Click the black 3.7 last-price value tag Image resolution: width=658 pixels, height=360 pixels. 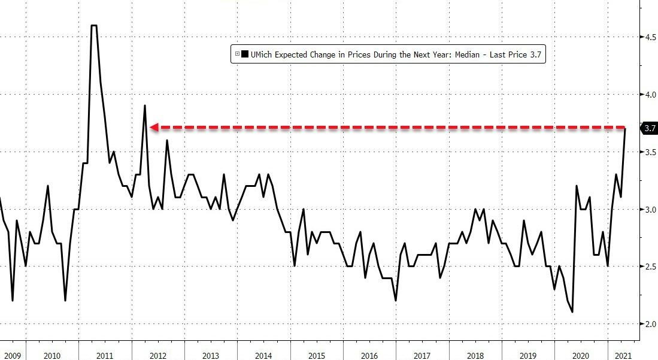point(650,128)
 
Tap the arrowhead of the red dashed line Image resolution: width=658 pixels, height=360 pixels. point(153,127)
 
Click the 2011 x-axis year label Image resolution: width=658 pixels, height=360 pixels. point(105,356)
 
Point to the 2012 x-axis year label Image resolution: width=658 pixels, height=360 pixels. point(158,356)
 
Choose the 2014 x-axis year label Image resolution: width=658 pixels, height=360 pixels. point(263,356)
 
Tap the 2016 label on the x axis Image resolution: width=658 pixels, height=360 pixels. point(369,356)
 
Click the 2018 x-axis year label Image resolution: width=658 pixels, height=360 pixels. point(475,356)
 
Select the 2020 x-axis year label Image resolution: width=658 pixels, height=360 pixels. point(581,356)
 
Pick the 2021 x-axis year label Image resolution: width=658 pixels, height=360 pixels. point(623,356)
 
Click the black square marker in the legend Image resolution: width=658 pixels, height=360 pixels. point(245,55)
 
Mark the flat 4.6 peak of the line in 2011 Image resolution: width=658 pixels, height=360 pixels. point(94,26)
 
